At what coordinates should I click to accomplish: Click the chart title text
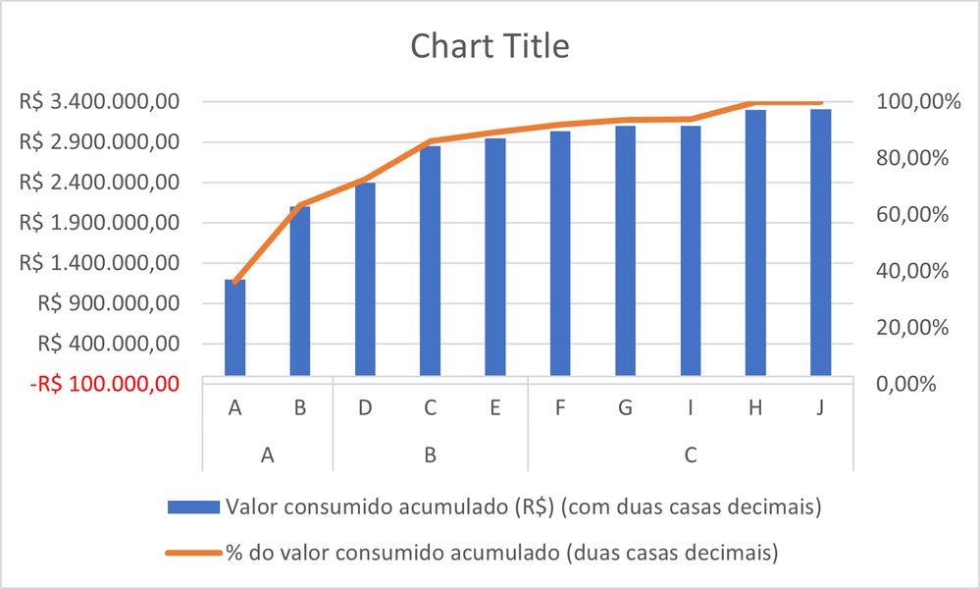[x=490, y=46]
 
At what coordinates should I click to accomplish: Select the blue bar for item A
[x=235, y=328]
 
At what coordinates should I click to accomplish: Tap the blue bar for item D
[x=365, y=280]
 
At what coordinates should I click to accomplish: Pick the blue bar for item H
[x=755, y=242]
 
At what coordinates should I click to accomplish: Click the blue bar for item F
[x=560, y=253]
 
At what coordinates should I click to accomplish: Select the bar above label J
[x=820, y=242]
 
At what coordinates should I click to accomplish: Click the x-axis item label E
[x=495, y=407]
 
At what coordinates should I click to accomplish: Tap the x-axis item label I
[x=691, y=407]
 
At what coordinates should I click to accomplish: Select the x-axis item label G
[x=625, y=407]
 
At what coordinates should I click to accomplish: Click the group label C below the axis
[x=691, y=455]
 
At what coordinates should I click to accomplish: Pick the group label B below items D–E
[x=430, y=455]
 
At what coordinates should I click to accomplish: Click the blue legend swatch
[x=194, y=508]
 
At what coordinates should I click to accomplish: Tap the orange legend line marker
[x=194, y=553]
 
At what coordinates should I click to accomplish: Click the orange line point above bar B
[x=300, y=204]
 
